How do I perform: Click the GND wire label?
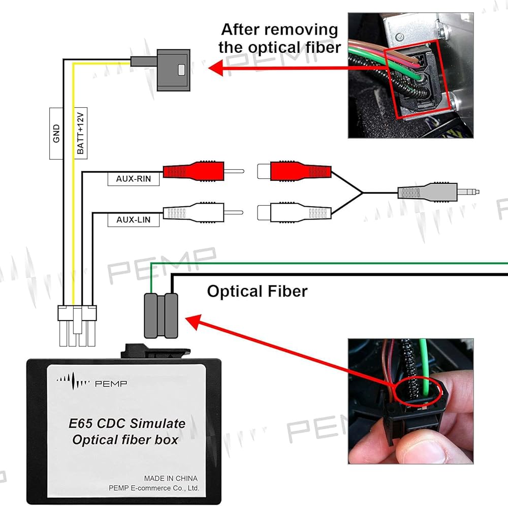56,133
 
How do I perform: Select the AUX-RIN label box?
134,179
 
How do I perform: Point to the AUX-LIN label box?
134,220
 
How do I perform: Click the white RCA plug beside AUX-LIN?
193,212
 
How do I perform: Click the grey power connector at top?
173,70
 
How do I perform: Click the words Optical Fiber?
257,292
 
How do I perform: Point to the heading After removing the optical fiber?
279,38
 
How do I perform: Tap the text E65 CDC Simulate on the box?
127,423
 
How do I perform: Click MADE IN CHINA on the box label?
171,478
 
